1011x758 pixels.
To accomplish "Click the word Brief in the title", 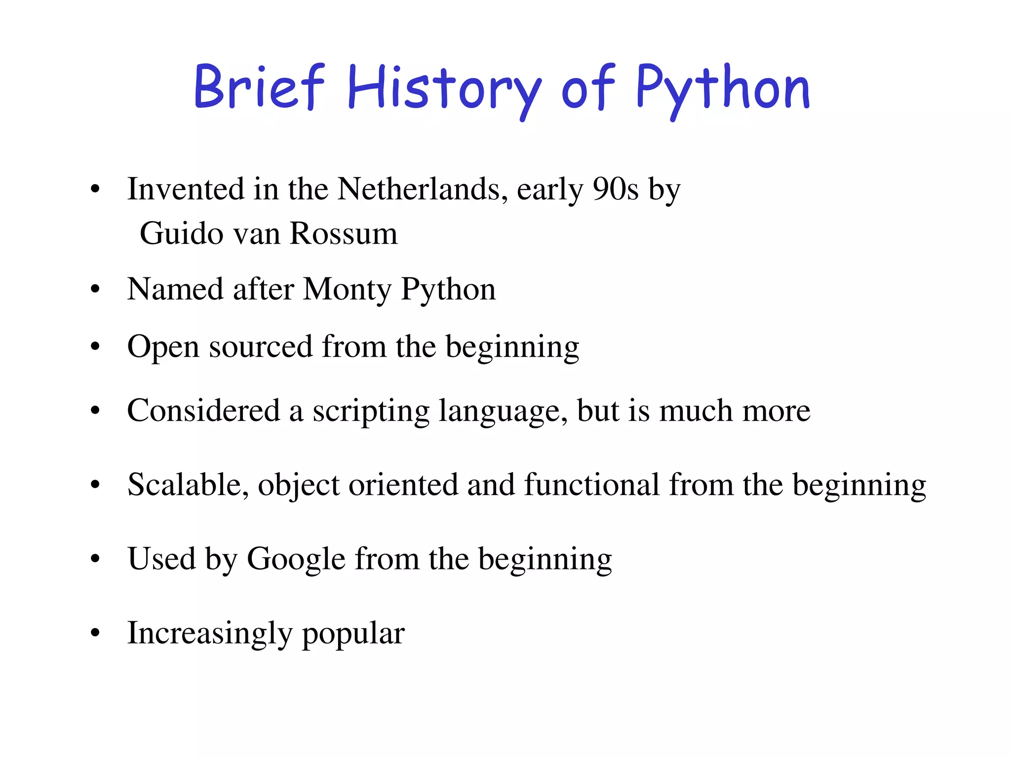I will [259, 87].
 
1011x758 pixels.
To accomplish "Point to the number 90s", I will [616, 189].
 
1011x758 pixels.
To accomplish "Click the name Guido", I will [182, 233].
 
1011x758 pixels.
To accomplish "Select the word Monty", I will [347, 289].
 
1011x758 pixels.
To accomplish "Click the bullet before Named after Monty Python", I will [95, 290].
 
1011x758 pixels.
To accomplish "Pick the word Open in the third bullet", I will [163, 347].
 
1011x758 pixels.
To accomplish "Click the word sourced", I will [261, 347].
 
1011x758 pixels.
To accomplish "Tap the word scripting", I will [371, 411].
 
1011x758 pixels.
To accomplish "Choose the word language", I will [503, 411].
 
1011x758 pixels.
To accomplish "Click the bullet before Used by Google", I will [95, 559].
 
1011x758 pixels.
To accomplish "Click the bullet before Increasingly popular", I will [95, 633].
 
